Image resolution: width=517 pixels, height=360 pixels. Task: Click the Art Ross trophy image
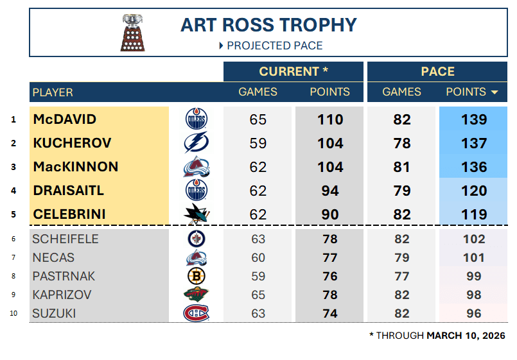[x=132, y=33]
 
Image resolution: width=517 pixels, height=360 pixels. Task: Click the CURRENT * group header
[x=294, y=71]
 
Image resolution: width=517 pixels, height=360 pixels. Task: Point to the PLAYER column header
[x=53, y=92]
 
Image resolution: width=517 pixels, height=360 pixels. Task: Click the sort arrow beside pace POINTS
[x=495, y=92]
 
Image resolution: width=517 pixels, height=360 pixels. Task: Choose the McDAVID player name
[x=65, y=119]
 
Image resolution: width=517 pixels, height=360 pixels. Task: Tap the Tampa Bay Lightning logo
[x=196, y=142]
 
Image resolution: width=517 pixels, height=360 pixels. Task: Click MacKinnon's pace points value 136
[x=474, y=167]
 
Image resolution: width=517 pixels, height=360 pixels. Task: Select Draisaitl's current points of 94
[x=329, y=191]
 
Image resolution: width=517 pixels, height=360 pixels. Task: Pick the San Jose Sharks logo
[x=196, y=214]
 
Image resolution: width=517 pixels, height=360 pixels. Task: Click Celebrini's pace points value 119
[x=474, y=214]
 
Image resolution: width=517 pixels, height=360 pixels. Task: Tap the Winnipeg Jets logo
[x=197, y=239]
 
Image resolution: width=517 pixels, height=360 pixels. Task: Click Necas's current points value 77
[x=329, y=257]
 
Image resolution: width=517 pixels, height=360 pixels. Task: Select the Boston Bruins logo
[x=197, y=276]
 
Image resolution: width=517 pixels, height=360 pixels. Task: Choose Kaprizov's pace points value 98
[x=474, y=295]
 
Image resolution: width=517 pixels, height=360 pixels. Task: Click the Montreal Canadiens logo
[x=196, y=313]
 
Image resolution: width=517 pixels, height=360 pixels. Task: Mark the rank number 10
[x=13, y=313]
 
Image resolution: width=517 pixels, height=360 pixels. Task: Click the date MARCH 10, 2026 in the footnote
[x=466, y=336]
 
